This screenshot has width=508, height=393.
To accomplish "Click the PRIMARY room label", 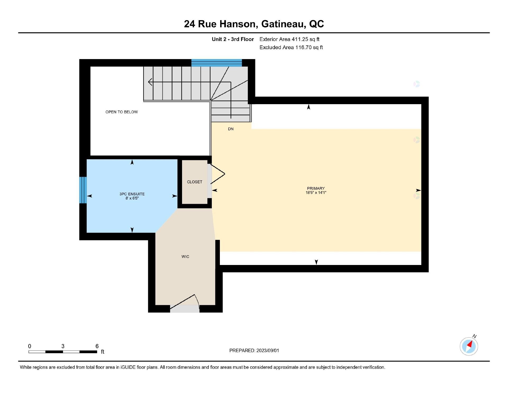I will pyautogui.click(x=316, y=188).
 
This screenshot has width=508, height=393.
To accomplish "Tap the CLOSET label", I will pyautogui.click(x=194, y=182).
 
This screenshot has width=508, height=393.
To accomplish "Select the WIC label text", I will pyautogui.click(x=185, y=257).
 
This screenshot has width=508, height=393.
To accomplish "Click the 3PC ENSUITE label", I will pyautogui.click(x=132, y=194).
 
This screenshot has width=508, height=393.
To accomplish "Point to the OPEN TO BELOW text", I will pyautogui.click(x=121, y=112).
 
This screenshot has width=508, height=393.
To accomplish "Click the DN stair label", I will pyautogui.click(x=231, y=129).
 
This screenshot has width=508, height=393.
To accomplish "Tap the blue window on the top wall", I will pyautogui.click(x=216, y=63).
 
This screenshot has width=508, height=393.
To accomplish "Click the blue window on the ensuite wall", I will pyautogui.click(x=83, y=190).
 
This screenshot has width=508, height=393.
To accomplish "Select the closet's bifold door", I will pyautogui.click(x=217, y=174).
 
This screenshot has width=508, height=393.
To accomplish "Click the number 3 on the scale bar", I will pyautogui.click(x=63, y=346).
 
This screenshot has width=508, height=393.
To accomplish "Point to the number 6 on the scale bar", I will pyautogui.click(x=97, y=346).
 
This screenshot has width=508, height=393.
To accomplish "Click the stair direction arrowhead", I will pyautogui.click(x=150, y=82).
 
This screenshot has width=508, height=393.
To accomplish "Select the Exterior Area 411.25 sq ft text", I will pyautogui.click(x=289, y=39).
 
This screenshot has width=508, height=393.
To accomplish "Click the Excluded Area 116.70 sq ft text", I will pyautogui.click(x=291, y=47).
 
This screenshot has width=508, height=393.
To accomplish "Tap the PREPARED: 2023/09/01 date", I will pyautogui.click(x=254, y=350).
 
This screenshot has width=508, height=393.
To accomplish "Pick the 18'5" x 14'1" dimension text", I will pyautogui.click(x=316, y=193).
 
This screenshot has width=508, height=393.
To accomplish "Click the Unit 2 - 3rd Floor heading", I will pyautogui.click(x=233, y=39).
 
